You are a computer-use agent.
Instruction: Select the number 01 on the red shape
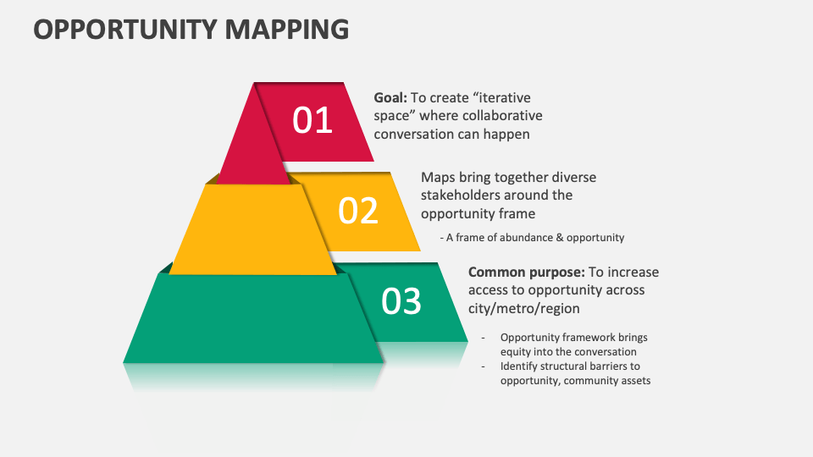[x=312, y=120]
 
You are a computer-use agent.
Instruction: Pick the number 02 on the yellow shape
[x=358, y=211]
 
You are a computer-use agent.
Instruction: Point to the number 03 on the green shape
[x=401, y=301]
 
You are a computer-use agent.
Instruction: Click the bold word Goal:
[x=390, y=98]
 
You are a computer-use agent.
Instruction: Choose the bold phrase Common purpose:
[x=527, y=273]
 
